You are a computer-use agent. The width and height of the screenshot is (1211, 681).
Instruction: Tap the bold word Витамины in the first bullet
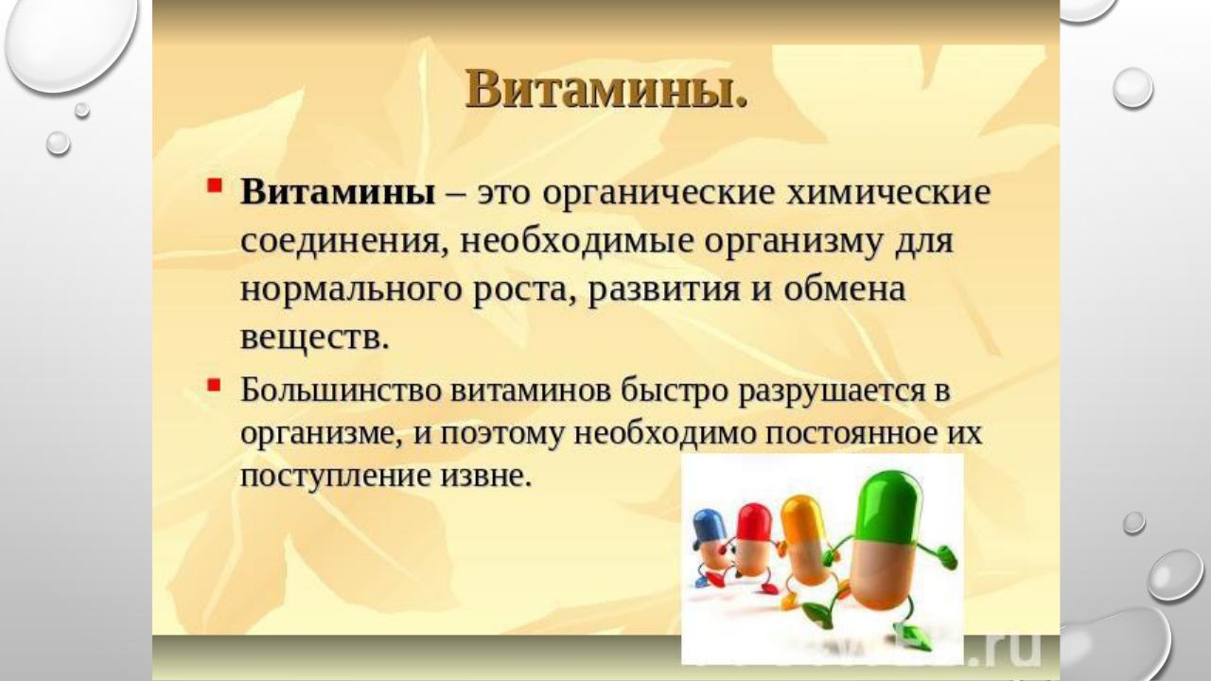coord(338,192)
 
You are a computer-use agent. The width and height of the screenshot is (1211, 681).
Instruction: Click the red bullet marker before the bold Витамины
coord(215,186)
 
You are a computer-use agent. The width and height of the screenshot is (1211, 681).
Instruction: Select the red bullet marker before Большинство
coord(215,385)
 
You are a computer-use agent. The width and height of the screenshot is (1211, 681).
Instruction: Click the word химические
coord(888,192)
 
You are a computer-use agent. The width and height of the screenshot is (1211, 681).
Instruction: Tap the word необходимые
coord(576,241)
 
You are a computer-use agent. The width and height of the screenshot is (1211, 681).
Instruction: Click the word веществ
coord(315,339)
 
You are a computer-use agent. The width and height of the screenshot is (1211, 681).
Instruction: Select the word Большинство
coord(341,391)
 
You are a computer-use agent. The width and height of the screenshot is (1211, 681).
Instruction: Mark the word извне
coord(486,477)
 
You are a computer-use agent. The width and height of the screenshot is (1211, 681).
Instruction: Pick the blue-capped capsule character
coord(711,546)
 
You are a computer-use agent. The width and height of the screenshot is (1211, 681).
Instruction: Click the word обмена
coord(845,289)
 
